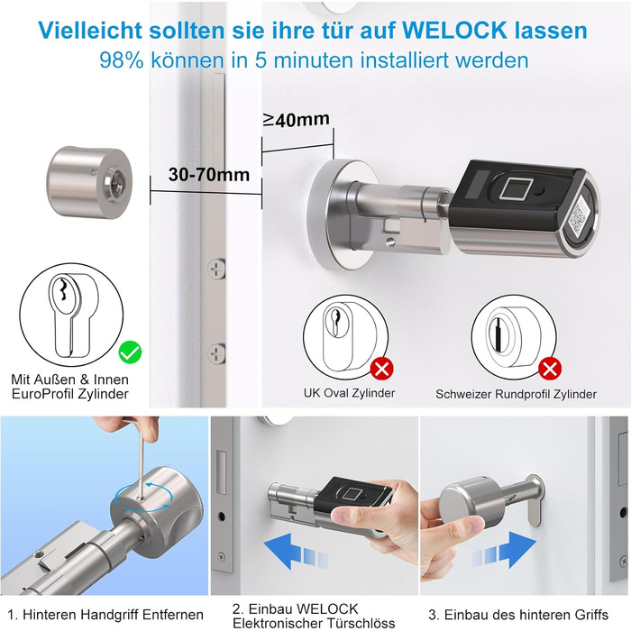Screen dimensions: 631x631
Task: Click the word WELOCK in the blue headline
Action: pos(453,30)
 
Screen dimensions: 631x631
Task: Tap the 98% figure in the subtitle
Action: pos(122,60)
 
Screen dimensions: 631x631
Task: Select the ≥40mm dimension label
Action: pos(297,119)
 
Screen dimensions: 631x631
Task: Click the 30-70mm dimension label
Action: pos(209,175)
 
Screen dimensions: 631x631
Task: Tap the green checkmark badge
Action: pos(131,352)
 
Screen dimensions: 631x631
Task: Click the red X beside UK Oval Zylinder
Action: pos(382,368)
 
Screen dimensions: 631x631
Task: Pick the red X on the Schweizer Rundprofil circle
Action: pos(550,368)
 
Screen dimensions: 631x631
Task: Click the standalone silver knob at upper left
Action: pos(91,182)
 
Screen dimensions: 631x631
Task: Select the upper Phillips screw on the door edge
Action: pos(216,269)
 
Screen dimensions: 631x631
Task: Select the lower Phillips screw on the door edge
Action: pos(216,353)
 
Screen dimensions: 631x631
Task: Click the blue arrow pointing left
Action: pos(296,550)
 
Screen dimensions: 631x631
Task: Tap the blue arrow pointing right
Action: pos(504,549)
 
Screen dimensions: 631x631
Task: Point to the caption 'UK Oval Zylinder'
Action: pos(350,393)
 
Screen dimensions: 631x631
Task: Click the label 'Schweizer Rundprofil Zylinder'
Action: pos(516,394)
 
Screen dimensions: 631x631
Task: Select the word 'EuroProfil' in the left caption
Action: pos(42,394)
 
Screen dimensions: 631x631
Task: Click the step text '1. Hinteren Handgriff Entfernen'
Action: pos(105,615)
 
